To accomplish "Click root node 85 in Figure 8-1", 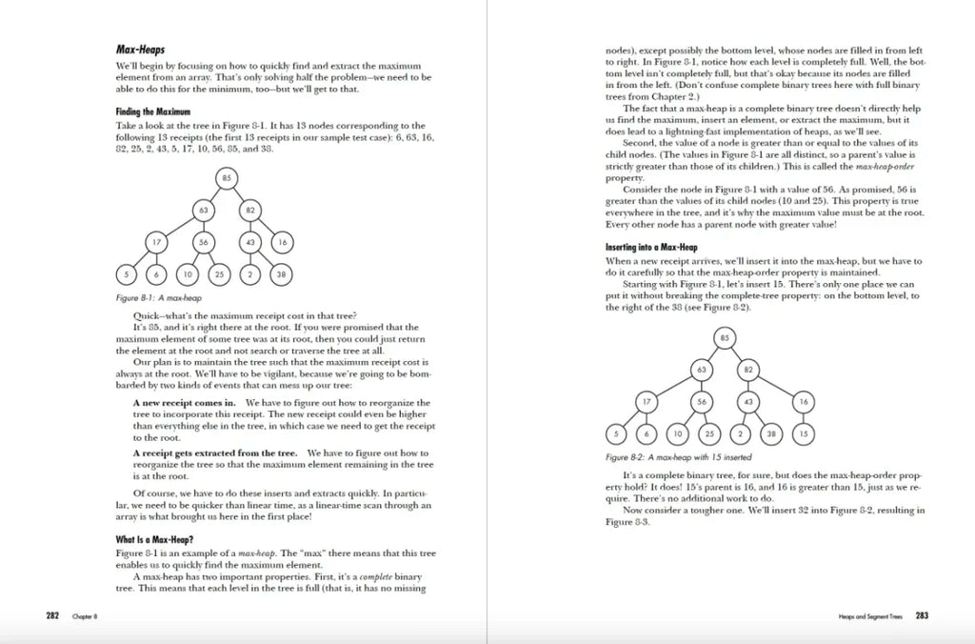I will tap(227, 178).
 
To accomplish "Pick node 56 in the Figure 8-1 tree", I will tap(203, 243).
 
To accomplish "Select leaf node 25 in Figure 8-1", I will tap(218, 274).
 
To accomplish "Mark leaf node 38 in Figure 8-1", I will tap(281, 274).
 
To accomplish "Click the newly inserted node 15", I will tap(803, 433).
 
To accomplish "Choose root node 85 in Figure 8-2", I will tap(725, 337).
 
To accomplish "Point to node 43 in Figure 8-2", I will tap(748, 402).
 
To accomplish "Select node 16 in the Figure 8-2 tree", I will tap(803, 402).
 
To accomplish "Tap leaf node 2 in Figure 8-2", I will tap(740, 433).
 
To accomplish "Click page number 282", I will tap(53, 616).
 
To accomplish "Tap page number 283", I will tap(921, 616).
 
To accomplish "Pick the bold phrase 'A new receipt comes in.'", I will tap(175, 403).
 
